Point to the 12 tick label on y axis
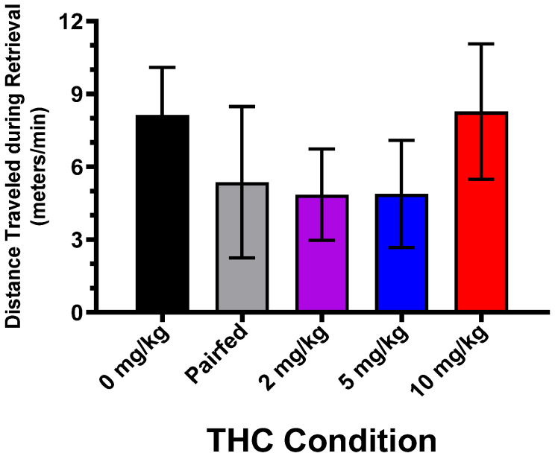click(x=72, y=21)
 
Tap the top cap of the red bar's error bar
click(x=481, y=44)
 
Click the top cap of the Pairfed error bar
click(x=242, y=107)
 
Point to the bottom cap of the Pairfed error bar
click(x=242, y=257)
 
